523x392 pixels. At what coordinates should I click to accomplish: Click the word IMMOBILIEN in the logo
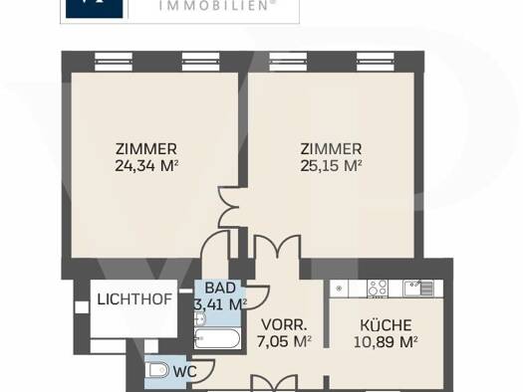click(214, 5)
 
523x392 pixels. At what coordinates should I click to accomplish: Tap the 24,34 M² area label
click(146, 165)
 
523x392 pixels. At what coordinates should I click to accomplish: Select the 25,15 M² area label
click(331, 165)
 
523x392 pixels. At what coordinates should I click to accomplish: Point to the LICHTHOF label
click(134, 299)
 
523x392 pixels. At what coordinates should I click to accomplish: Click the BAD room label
click(220, 288)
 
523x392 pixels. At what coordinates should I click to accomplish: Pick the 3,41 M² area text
click(220, 304)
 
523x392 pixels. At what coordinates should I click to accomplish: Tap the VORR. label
click(284, 325)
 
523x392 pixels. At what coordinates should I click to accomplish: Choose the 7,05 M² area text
click(284, 341)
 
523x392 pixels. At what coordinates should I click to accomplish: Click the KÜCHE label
click(386, 325)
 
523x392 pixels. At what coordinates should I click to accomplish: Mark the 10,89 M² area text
click(386, 341)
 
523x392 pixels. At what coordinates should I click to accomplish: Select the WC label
click(185, 372)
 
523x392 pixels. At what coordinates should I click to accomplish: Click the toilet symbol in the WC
click(157, 370)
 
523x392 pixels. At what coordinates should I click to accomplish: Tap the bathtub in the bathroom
click(217, 338)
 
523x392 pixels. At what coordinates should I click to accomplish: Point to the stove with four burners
click(378, 289)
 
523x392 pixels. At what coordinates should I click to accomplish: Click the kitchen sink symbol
click(418, 289)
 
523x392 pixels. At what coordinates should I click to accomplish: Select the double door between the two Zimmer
click(229, 207)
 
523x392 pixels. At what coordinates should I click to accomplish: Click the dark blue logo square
click(95, 9)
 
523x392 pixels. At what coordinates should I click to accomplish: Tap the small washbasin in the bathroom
click(200, 319)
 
